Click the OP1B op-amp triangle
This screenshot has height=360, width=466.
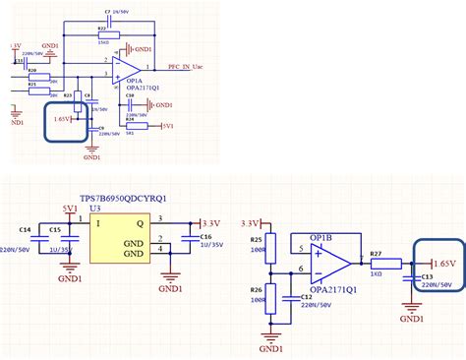[x=330, y=263]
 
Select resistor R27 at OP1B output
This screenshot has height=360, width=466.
[x=386, y=263]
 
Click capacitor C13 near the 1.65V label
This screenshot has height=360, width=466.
[x=414, y=277]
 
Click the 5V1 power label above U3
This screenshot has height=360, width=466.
[x=71, y=210]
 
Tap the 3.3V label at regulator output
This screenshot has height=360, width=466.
[x=210, y=222]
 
